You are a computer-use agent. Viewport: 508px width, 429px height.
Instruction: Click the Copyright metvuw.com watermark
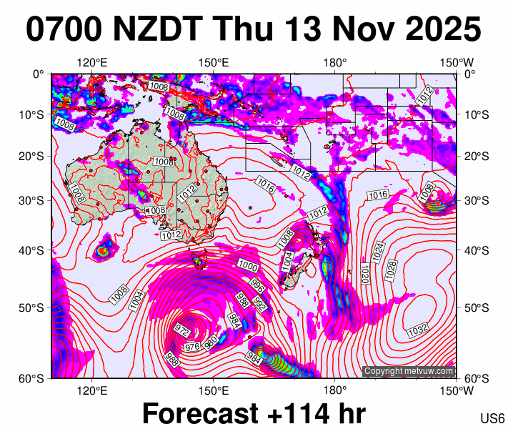point(409,371)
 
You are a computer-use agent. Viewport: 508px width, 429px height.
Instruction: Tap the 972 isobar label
point(182,332)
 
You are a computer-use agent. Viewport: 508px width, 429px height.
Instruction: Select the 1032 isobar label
point(418,331)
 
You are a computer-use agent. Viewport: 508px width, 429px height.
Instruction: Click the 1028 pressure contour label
point(391,269)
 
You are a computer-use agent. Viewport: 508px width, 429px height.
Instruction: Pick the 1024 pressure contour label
point(379,250)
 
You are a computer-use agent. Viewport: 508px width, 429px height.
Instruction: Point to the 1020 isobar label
point(365,273)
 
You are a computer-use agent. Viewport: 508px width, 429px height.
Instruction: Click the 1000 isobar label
point(248,267)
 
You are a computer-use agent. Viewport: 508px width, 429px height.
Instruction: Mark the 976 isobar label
point(192,347)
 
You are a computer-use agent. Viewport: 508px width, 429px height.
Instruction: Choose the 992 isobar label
point(260,307)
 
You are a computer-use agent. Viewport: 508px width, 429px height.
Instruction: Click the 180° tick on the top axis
point(335,63)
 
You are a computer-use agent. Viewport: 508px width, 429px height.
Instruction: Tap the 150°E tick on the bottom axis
point(214,390)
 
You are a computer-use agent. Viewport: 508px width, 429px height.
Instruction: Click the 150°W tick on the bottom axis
point(457,390)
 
